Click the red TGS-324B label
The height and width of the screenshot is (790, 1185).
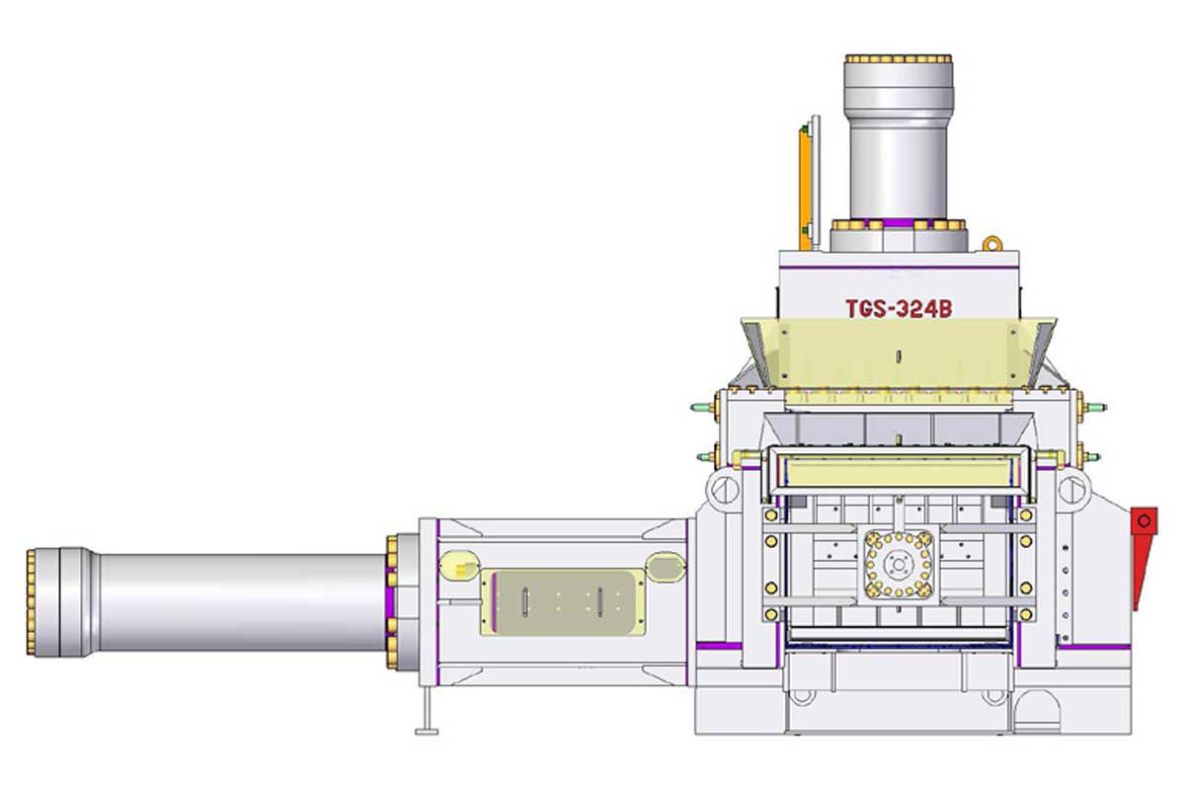899,309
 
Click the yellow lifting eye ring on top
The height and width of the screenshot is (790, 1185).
992,244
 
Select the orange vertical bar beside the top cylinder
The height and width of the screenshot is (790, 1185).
805,188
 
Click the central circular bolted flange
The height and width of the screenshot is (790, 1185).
899,565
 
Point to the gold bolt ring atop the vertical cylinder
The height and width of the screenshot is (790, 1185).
899,58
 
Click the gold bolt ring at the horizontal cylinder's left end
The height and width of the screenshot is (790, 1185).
31,602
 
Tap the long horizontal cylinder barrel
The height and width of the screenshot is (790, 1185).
242,602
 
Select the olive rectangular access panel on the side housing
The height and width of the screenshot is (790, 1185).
562,602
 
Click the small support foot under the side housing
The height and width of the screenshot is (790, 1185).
427,711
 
